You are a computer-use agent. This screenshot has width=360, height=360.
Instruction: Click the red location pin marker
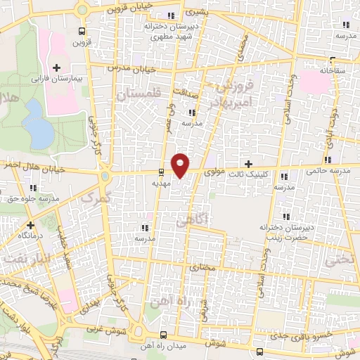tap(181, 164)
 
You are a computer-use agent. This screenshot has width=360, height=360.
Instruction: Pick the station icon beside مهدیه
tap(162, 171)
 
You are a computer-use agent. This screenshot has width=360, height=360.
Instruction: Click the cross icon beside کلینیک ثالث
tap(248, 163)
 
